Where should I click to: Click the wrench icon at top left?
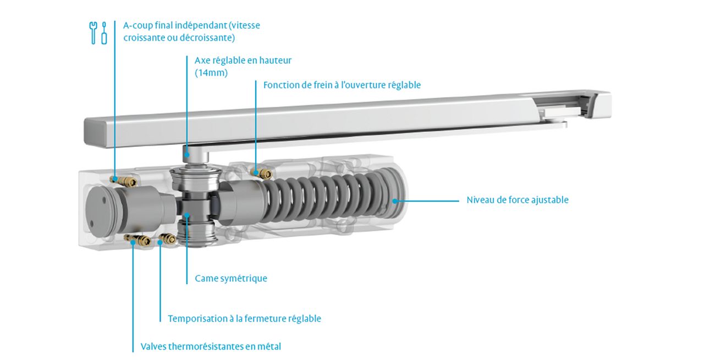(93, 32)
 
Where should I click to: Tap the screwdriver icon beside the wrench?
(104, 33)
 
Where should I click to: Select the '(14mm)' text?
(211, 73)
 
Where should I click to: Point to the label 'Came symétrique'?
(231, 278)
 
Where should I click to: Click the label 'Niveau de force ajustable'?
(518, 200)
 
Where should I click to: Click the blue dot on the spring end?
(395, 201)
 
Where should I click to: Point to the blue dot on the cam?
(186, 215)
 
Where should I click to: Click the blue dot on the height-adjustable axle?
(186, 154)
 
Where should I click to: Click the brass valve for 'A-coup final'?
(124, 180)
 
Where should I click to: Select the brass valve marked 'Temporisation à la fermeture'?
(168, 239)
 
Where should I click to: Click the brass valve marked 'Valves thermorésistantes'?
(137, 240)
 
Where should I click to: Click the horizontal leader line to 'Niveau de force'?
(428, 201)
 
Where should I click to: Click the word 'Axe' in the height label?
(202, 60)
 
